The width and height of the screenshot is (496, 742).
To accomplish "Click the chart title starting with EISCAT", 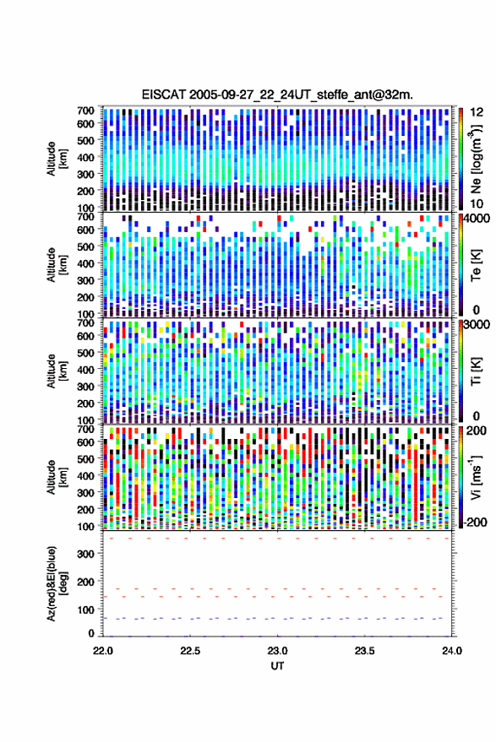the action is (277, 95).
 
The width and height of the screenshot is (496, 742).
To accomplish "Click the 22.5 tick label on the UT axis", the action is (189, 651).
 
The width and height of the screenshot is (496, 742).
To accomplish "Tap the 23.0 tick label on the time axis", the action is (277, 651).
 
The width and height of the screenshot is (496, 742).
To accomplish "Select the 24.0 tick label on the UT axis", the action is (451, 651).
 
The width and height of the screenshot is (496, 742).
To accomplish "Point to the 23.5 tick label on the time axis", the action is (364, 651).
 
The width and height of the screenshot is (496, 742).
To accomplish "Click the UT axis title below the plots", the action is (277, 666).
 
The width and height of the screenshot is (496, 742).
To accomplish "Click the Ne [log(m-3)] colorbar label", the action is (476, 159).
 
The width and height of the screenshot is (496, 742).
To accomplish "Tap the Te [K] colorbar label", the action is (476, 265).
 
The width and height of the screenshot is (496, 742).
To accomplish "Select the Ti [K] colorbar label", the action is (476, 371).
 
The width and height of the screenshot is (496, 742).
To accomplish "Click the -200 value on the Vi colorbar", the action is (474, 523).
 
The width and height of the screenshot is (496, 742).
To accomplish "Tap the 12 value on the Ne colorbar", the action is (477, 112).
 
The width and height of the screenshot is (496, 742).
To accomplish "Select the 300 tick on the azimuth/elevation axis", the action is (86, 554).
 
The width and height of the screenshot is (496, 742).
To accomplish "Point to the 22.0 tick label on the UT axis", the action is (103, 651).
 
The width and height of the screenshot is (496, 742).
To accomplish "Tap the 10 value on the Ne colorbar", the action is (477, 204).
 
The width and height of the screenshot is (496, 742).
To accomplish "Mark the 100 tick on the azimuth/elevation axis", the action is (86, 609).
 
